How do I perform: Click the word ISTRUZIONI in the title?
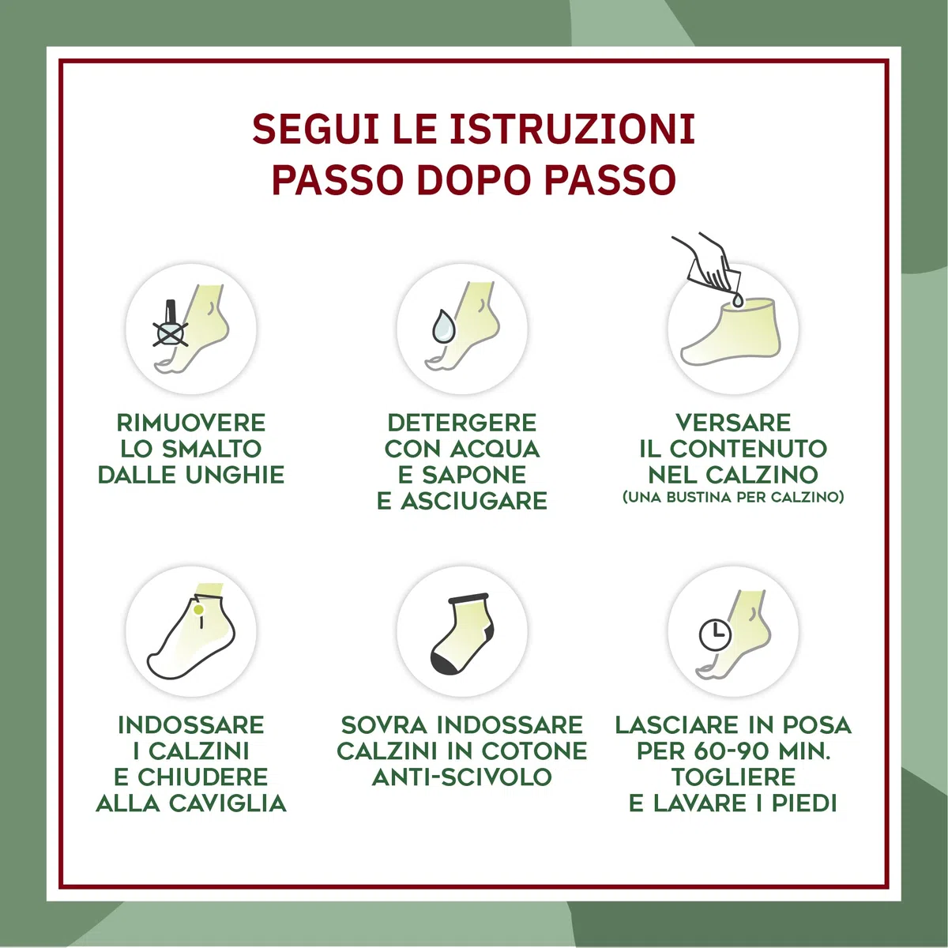click(x=572, y=129)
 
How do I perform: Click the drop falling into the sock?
click(x=737, y=299)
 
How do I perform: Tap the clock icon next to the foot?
click(x=715, y=634)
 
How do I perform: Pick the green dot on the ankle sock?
click(x=199, y=610)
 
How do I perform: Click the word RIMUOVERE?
click(x=191, y=423)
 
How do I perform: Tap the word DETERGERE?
click(x=462, y=423)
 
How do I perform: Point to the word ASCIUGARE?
click(x=474, y=501)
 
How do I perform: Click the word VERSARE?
click(x=733, y=423)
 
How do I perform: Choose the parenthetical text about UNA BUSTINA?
click(x=733, y=497)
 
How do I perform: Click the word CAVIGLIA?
click(x=228, y=803)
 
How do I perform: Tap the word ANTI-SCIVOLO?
click(x=462, y=777)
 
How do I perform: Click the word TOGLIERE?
click(x=733, y=777)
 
